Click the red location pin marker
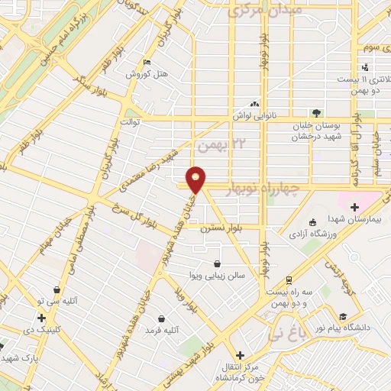pyautogui.click(x=197, y=179)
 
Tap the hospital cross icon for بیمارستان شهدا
pyautogui.click(x=354, y=206)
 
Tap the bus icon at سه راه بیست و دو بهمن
pyautogui.click(x=289, y=280)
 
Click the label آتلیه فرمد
pyautogui.click(x=160, y=330)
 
